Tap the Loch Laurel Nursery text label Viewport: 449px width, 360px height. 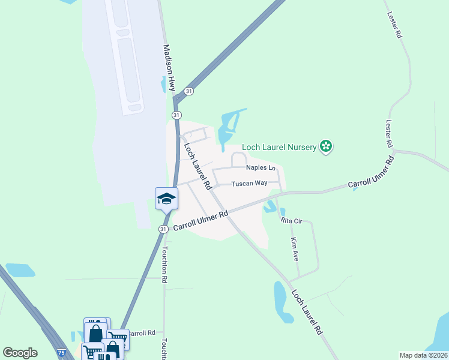[x=279, y=146]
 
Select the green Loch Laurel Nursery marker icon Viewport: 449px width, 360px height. [x=326, y=146]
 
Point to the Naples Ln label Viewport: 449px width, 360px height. [x=260, y=168]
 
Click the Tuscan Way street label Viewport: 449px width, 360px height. [x=249, y=183]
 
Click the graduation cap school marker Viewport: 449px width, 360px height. [x=166, y=199]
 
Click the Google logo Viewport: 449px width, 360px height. [x=20, y=353]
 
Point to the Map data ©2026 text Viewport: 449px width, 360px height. [x=423, y=355]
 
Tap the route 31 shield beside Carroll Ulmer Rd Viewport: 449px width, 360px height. [x=163, y=229]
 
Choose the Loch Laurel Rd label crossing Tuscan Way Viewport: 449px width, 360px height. [x=198, y=166]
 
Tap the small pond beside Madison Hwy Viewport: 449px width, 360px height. [x=164, y=85]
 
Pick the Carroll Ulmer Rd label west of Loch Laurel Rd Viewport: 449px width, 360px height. [x=201, y=220]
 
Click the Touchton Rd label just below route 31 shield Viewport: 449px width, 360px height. [x=164, y=263]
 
